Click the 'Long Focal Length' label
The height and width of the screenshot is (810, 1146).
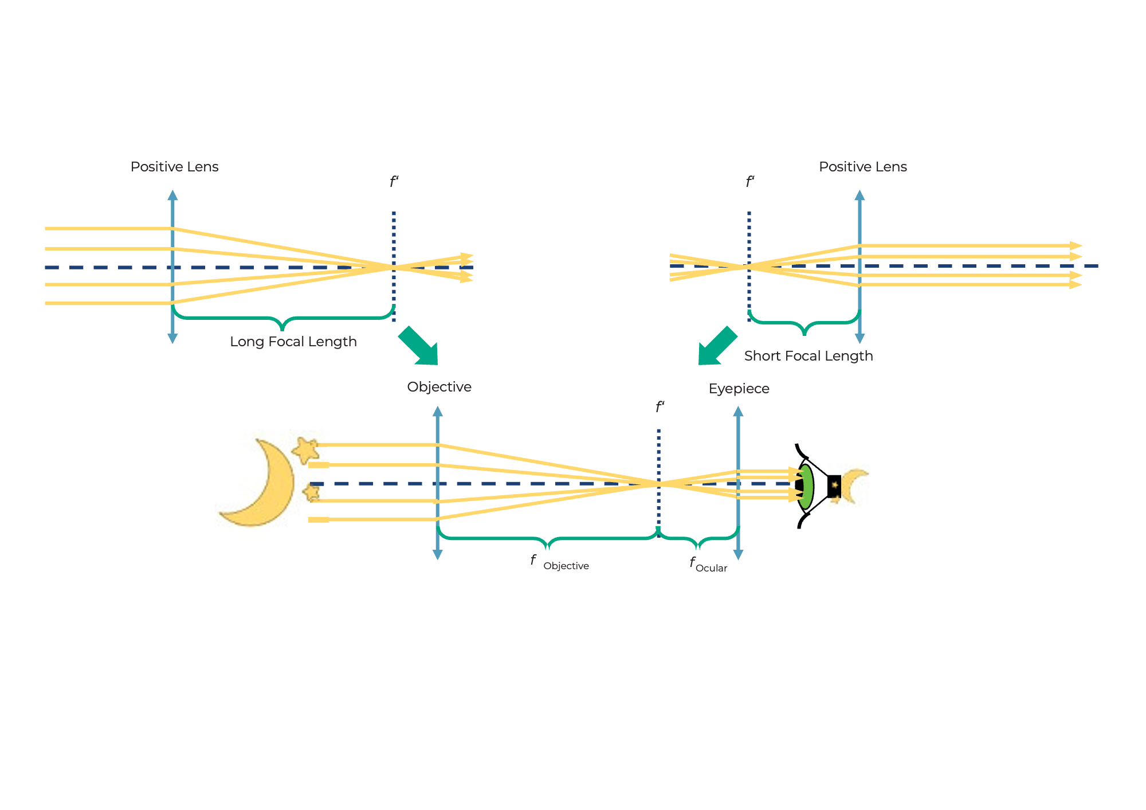[293, 342]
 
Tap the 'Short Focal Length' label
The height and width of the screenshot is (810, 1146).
[808, 356]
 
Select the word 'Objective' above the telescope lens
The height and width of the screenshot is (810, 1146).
[439, 387]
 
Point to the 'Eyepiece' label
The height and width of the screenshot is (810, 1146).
[739, 389]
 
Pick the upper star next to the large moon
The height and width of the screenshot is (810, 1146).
[305, 450]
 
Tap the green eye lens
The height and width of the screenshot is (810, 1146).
[806, 487]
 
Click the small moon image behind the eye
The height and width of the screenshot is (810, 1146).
[855, 486]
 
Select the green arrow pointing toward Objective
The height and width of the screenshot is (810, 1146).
[419, 346]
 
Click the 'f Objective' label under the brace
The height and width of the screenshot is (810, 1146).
[559, 562]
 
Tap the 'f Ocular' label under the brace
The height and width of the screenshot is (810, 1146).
[708, 565]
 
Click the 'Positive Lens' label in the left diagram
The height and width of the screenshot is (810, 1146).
[174, 167]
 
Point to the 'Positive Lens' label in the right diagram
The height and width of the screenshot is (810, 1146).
[862, 167]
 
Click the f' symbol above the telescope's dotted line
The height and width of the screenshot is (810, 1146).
[660, 407]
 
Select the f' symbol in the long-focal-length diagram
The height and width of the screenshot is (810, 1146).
[394, 182]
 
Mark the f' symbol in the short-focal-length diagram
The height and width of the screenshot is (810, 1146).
[749, 182]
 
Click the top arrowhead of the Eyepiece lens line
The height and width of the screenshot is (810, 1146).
[738, 412]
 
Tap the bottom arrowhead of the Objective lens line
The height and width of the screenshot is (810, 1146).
[438, 554]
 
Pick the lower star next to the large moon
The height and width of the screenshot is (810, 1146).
[312, 492]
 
